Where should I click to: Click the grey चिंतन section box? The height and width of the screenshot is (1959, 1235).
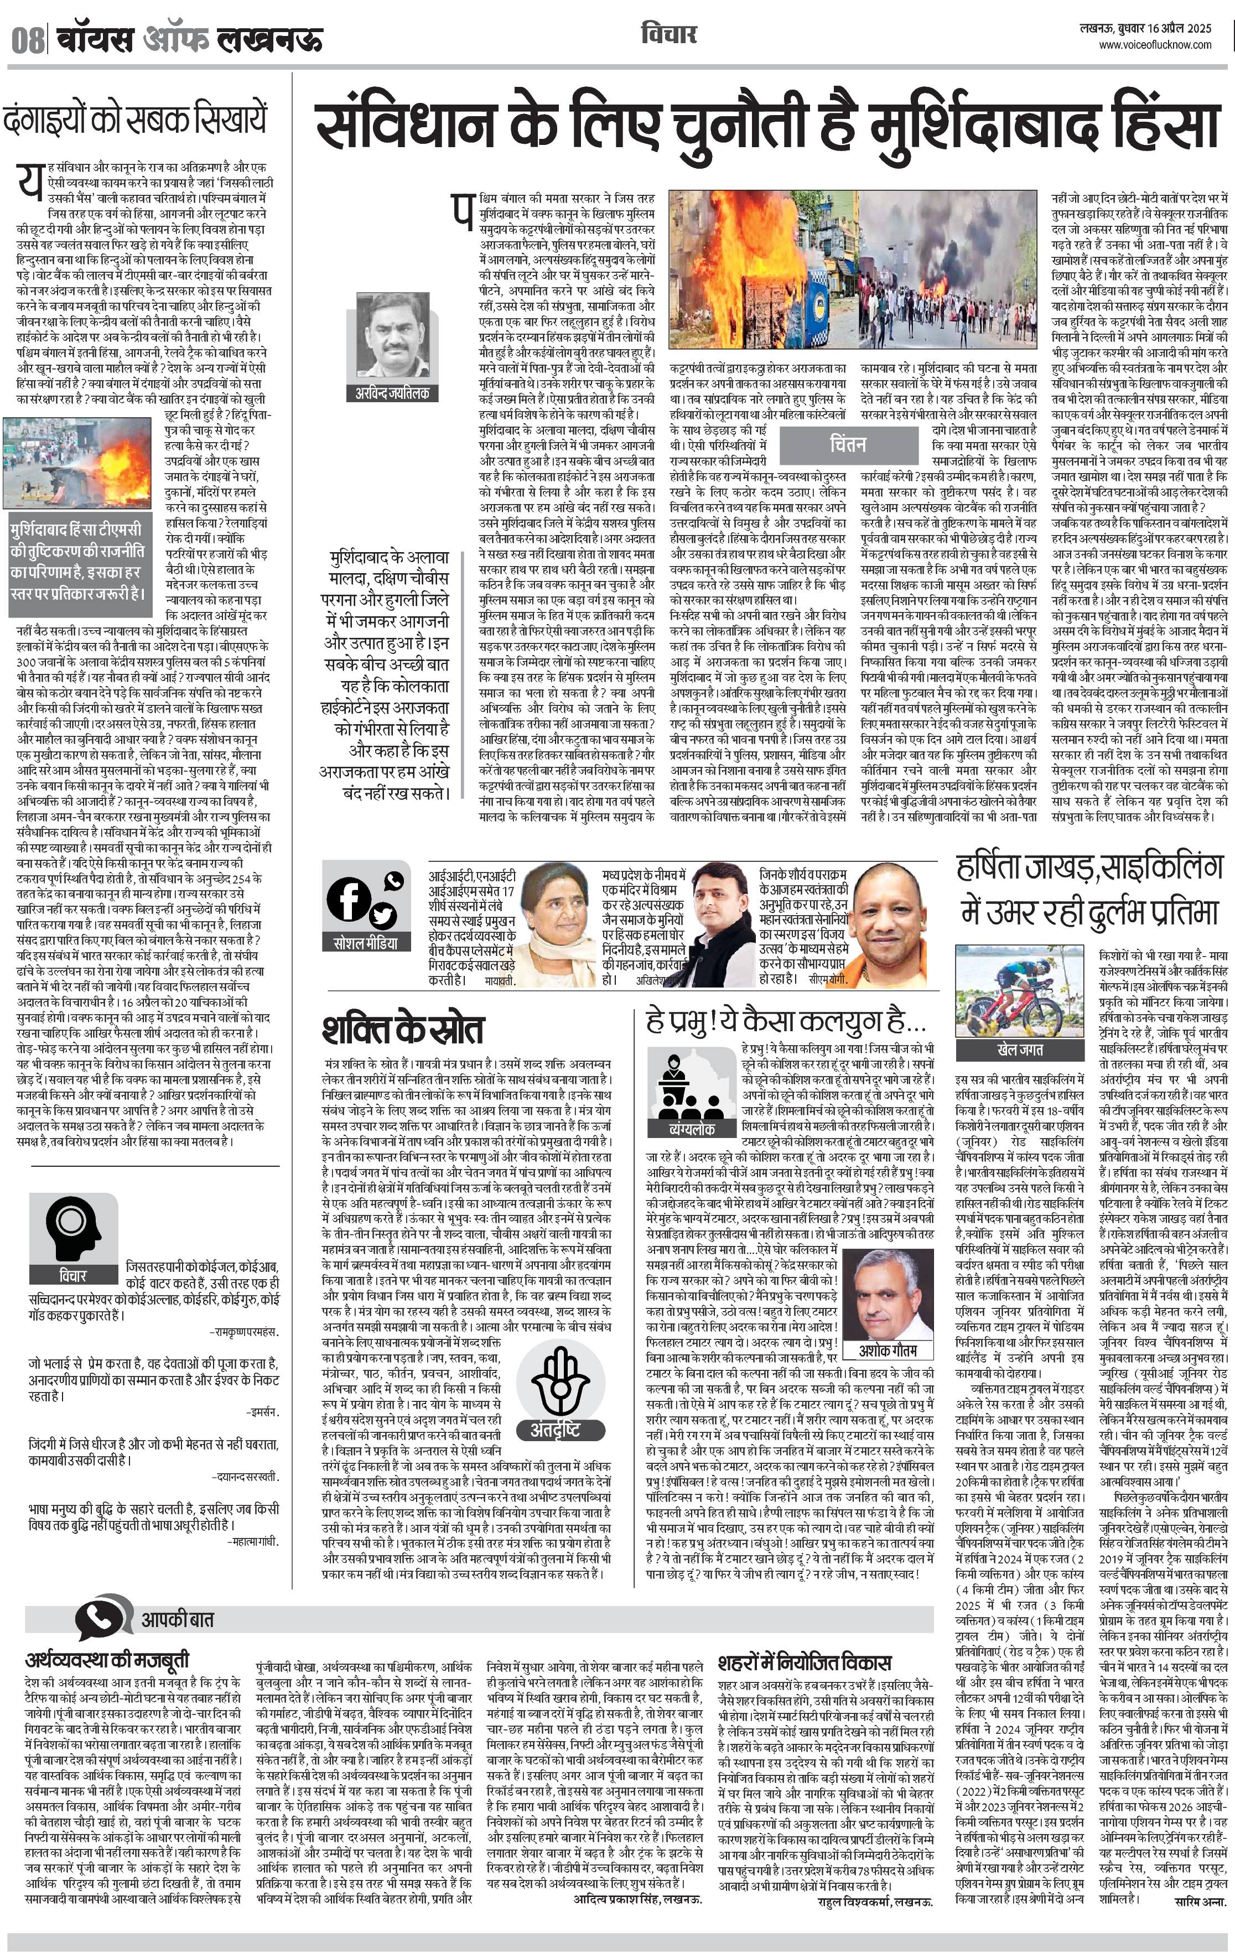(848, 444)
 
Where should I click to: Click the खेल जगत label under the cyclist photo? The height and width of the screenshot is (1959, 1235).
(1019, 1049)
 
